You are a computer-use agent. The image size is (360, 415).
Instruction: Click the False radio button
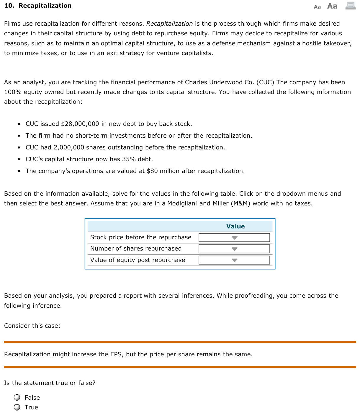click(17, 398)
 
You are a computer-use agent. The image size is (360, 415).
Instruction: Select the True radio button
click(17, 407)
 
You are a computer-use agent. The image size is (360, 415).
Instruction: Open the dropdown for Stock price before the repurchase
click(234, 238)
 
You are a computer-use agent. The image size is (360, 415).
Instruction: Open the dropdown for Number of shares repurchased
click(234, 249)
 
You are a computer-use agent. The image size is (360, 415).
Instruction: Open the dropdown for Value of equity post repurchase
click(234, 260)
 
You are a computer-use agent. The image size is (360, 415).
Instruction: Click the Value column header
click(235, 226)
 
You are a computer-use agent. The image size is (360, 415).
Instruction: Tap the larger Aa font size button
click(332, 6)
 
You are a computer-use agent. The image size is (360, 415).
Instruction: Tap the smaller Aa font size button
click(317, 7)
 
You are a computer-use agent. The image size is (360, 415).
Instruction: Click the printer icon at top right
click(350, 6)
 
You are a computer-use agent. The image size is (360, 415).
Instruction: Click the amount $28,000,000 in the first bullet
click(80, 124)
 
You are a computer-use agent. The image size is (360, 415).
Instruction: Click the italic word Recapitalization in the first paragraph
click(169, 24)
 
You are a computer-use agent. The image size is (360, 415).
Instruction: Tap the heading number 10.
click(9, 6)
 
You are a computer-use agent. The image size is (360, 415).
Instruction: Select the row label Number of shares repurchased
click(136, 248)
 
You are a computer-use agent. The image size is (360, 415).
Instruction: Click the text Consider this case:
click(32, 326)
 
